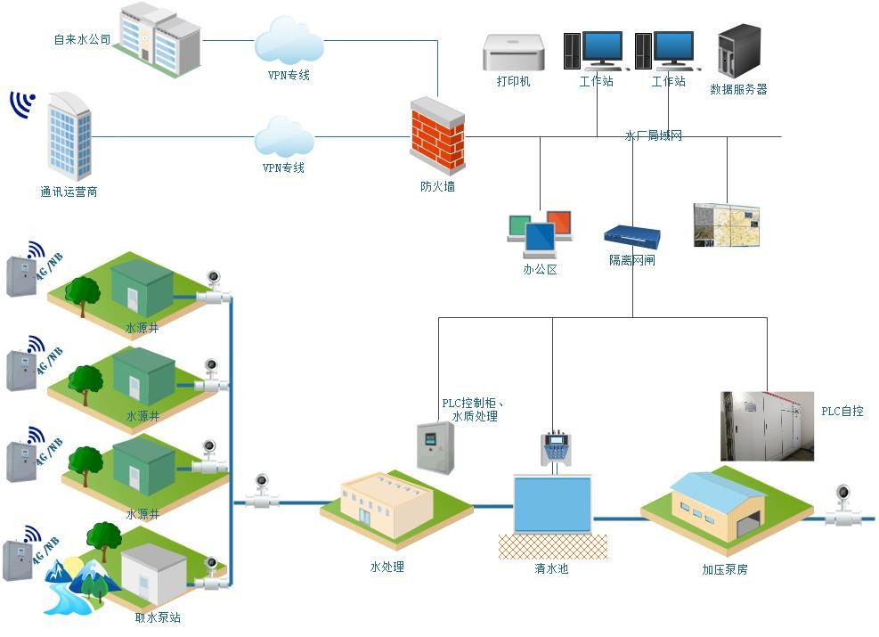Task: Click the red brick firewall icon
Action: click(x=437, y=135)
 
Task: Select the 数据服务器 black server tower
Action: click(x=739, y=51)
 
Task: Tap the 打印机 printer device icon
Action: click(x=513, y=53)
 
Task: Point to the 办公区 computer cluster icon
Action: click(x=540, y=234)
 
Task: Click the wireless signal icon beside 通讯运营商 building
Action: click(x=24, y=103)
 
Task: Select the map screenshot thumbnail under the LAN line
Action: click(x=727, y=225)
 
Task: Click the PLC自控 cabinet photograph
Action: click(x=767, y=426)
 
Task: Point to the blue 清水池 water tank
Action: click(x=552, y=505)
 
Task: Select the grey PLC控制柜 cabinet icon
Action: click(x=435, y=447)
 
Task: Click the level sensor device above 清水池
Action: click(x=557, y=449)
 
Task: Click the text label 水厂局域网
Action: click(x=654, y=135)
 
